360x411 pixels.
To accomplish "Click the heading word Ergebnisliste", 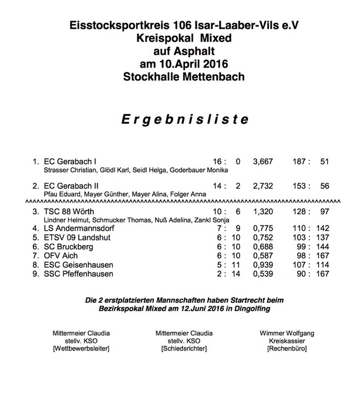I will [180, 120].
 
